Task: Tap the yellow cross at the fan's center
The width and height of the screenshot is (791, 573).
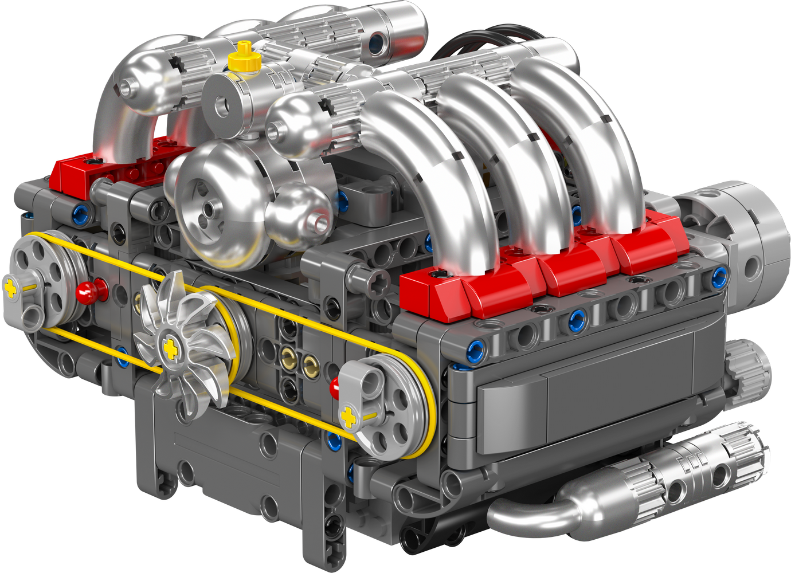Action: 169,347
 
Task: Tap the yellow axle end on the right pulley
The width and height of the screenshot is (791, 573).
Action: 347,417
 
